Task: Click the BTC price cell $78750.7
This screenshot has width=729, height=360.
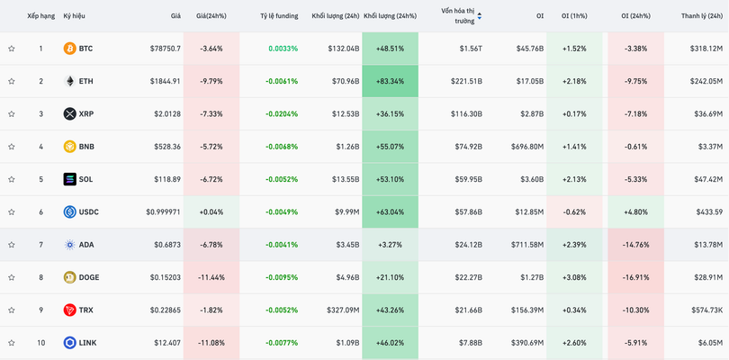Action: click(x=165, y=49)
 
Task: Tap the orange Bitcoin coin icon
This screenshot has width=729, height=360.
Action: click(x=69, y=49)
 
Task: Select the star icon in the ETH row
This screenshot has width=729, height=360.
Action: click(x=12, y=82)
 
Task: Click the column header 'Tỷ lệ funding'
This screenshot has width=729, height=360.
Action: click(x=278, y=16)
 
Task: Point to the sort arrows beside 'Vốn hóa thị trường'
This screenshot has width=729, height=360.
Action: click(x=479, y=16)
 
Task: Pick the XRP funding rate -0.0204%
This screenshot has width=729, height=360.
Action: click(x=282, y=114)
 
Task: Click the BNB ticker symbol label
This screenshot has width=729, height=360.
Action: click(x=86, y=147)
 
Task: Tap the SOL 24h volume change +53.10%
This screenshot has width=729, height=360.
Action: click(x=389, y=179)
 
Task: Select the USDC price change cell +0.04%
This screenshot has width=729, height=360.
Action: click(x=211, y=212)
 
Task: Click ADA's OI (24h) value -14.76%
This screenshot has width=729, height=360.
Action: click(x=635, y=245)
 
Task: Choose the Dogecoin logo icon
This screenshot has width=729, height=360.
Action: click(x=69, y=277)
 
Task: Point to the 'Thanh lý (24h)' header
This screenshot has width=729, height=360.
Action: click(x=701, y=16)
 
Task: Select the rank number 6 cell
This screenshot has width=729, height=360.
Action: click(x=40, y=212)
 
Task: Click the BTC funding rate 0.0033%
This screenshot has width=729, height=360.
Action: click(x=283, y=49)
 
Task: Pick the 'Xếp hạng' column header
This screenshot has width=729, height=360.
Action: click(x=40, y=16)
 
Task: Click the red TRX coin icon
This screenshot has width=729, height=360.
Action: click(x=69, y=310)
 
